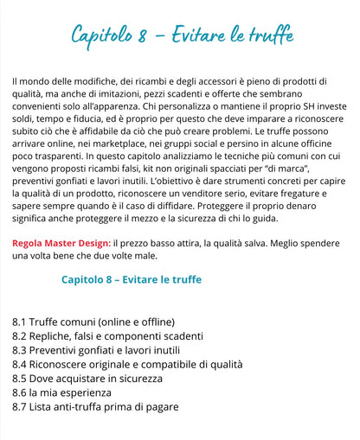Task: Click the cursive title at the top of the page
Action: click(182, 36)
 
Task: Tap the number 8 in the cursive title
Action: click(142, 36)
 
